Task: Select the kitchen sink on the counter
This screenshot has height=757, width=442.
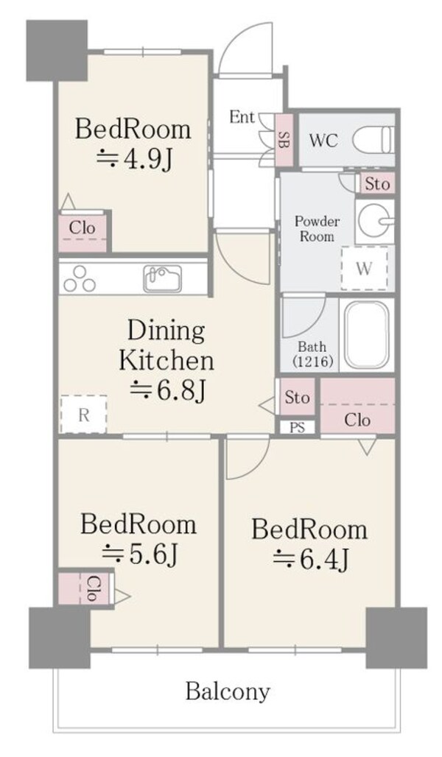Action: (163, 278)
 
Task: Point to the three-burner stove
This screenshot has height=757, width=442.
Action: (80, 280)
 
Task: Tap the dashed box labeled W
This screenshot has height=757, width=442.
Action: (365, 269)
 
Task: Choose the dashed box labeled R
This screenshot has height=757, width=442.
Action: (83, 415)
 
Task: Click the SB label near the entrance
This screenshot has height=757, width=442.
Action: (285, 140)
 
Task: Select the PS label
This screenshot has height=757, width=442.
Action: (298, 428)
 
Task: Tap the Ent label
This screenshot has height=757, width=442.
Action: (242, 117)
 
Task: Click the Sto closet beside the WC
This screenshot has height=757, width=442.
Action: (376, 183)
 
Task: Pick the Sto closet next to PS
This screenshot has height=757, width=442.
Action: (297, 397)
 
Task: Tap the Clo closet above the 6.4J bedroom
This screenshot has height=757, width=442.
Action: (358, 406)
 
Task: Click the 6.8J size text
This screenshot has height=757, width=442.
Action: (169, 390)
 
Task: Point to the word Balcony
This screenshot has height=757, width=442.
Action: (228, 692)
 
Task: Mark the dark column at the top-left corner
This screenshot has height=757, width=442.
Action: (57, 51)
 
